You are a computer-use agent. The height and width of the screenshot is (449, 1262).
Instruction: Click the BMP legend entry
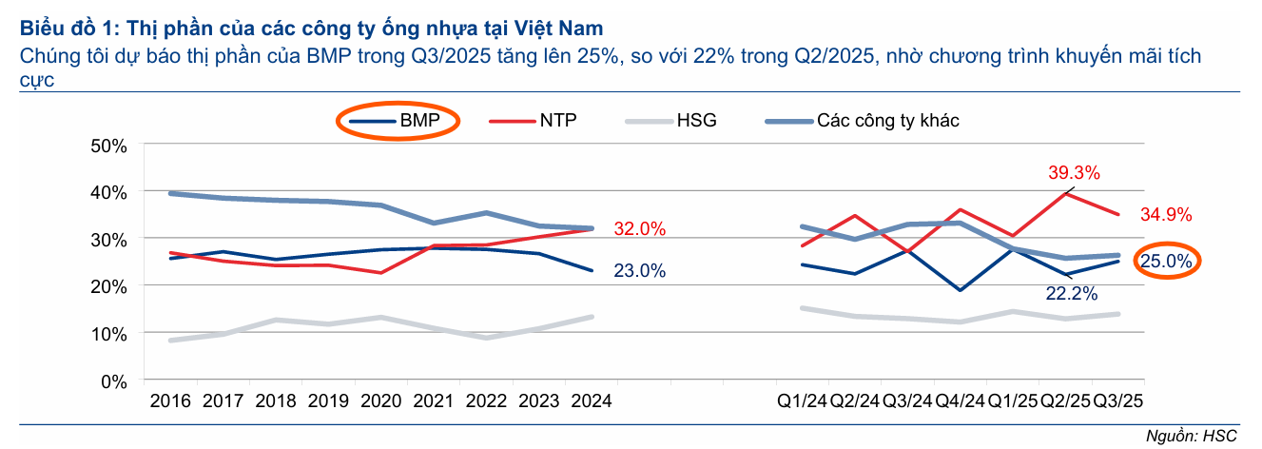tap(398, 120)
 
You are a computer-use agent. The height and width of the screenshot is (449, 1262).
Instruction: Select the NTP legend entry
tap(533, 120)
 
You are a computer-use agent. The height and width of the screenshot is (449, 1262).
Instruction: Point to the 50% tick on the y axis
tap(107, 146)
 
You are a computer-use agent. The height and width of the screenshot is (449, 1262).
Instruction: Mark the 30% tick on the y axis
tap(107, 239)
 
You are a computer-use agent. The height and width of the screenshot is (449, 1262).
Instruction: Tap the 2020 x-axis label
tap(381, 401)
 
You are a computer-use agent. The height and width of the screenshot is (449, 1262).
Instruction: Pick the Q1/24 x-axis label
tap(801, 401)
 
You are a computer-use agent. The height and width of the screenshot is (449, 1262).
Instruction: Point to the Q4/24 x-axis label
tap(960, 401)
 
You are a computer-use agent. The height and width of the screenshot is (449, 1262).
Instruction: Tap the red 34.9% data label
tap(1166, 215)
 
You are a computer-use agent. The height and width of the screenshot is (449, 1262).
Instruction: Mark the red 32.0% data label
tap(639, 229)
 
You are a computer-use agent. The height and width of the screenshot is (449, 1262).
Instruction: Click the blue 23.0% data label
tap(639, 271)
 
